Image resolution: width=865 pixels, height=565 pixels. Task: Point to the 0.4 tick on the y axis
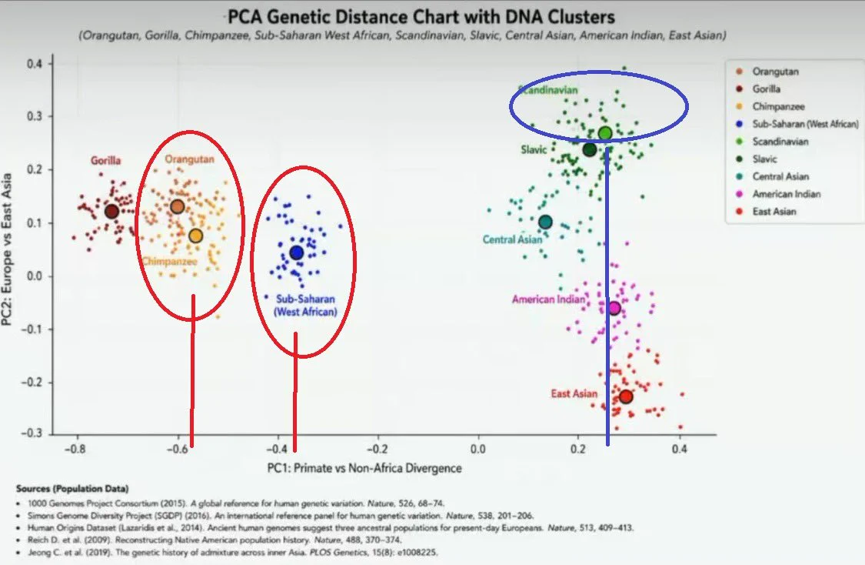[x=34, y=64]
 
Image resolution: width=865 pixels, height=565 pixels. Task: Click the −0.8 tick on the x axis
[x=75, y=449]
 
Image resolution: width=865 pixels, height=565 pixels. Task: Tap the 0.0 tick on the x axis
[x=477, y=449]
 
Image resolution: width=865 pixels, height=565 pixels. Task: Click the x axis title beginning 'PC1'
[x=364, y=468]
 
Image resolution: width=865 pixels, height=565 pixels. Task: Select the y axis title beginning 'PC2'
[x=7, y=249]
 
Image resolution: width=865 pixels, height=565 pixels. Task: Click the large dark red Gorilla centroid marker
[x=112, y=211]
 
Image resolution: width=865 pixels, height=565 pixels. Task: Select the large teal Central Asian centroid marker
[x=545, y=222]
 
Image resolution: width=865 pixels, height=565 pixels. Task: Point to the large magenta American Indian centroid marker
[x=614, y=308]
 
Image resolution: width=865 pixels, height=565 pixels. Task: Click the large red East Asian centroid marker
[x=626, y=396]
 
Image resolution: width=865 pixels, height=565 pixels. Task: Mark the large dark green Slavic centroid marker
[x=590, y=149]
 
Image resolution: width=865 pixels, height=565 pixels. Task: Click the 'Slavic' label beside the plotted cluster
[x=534, y=149]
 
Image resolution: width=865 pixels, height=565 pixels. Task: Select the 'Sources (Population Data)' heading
[x=72, y=489]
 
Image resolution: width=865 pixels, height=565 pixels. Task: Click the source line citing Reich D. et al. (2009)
[x=215, y=540]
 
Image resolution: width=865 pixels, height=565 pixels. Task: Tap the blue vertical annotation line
[x=607, y=296]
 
